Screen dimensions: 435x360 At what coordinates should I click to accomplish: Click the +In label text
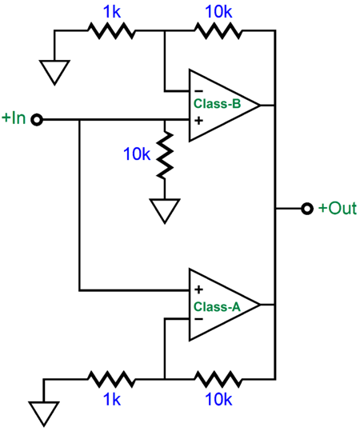tap(14, 118)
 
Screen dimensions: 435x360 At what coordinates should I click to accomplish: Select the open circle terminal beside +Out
tap(306, 208)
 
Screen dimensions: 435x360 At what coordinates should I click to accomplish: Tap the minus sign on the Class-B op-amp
tap(198, 89)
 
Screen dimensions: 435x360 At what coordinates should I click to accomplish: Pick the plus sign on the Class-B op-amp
tap(198, 120)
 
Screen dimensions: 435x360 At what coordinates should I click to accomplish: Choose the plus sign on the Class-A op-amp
tap(198, 289)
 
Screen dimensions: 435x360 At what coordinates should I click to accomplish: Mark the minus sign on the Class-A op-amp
tap(198, 319)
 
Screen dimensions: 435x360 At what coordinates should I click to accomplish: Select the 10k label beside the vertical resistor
tap(137, 154)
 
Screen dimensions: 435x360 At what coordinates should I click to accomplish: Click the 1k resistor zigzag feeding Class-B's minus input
tap(110, 30)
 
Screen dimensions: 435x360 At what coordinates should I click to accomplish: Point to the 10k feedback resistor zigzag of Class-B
tap(218, 30)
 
